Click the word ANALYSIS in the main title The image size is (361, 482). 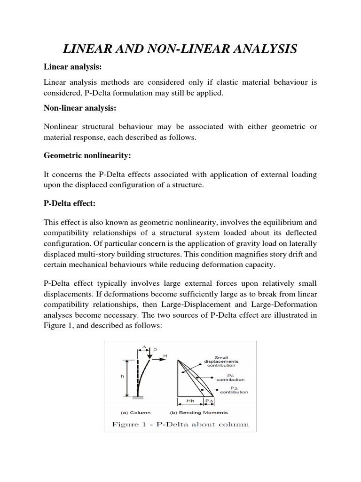pyautogui.click(x=257, y=48)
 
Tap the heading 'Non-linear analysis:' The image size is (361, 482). pyautogui.click(x=80, y=108)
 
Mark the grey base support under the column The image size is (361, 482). pyautogui.click(x=140, y=399)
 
